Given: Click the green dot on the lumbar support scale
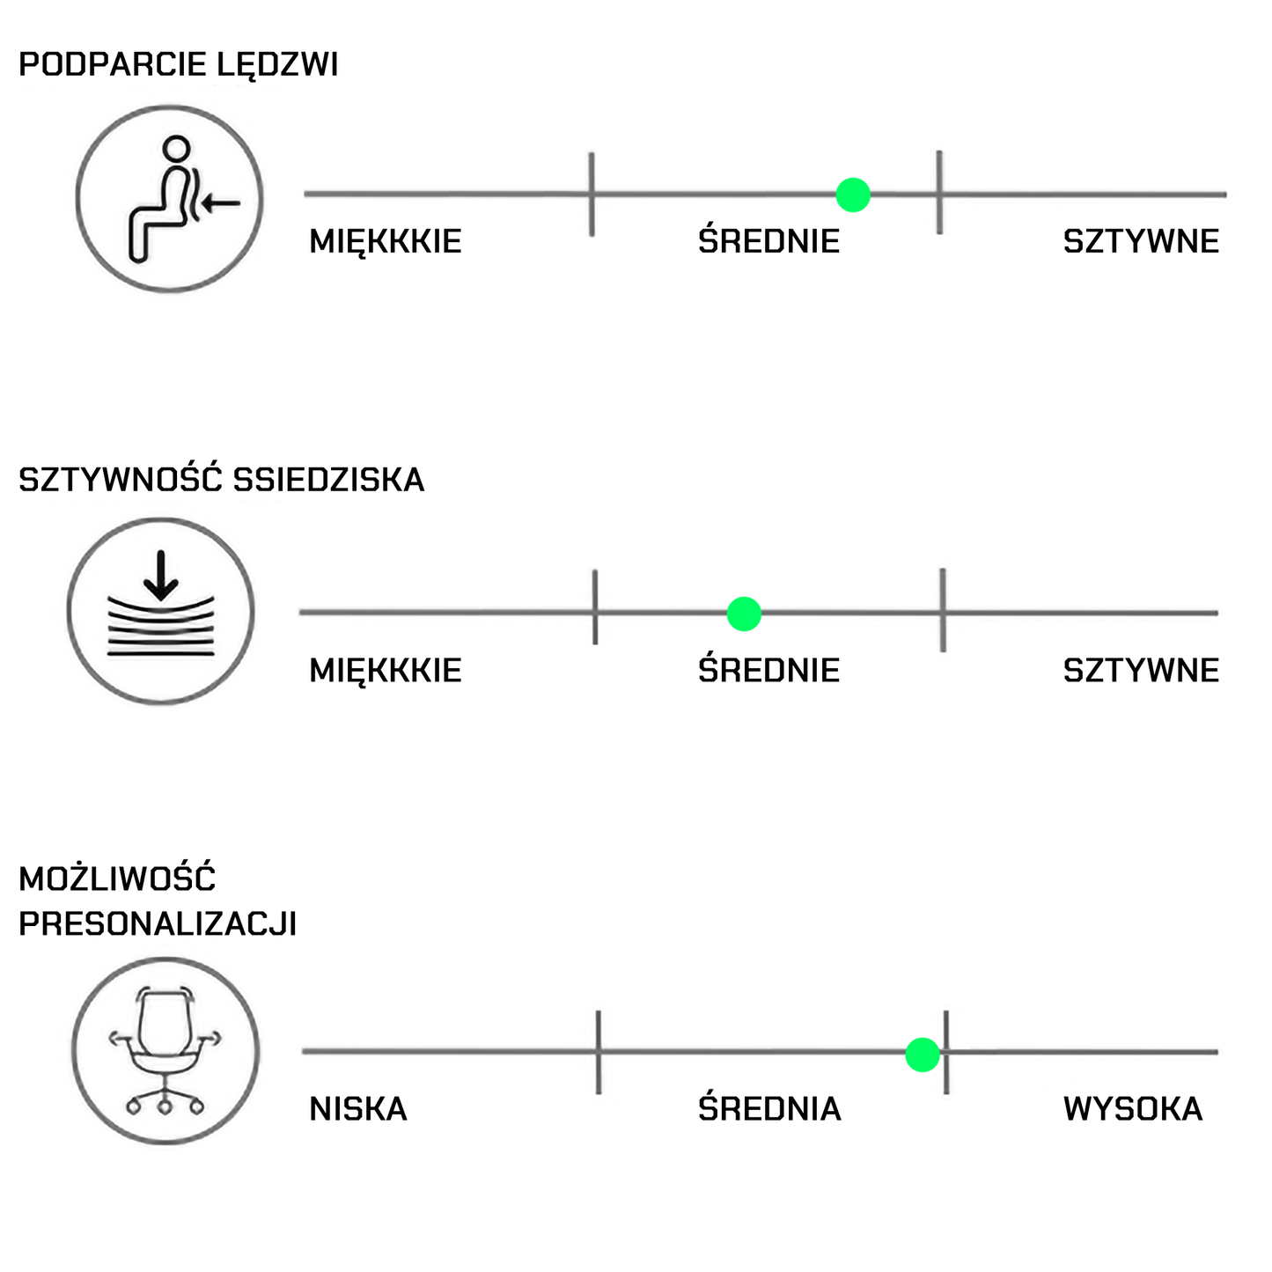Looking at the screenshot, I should pyautogui.click(x=852, y=195).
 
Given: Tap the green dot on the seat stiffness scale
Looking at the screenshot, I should pyautogui.click(x=744, y=614).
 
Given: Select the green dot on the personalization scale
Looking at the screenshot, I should pyautogui.click(x=922, y=1054).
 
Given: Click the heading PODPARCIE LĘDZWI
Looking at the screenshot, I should pyautogui.click(x=178, y=65).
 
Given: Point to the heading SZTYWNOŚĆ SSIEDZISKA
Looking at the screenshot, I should pyautogui.click(x=221, y=480).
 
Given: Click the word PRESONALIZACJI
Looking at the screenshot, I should pyautogui.click(x=158, y=923).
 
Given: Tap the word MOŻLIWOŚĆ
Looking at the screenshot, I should pyautogui.click(x=117, y=879).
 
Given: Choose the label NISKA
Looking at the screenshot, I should pyautogui.click(x=357, y=1109).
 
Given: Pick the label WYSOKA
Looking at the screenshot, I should pyautogui.click(x=1132, y=1109).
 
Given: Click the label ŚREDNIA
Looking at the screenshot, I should pyautogui.click(x=769, y=1109).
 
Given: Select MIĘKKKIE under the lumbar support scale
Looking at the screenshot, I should pyautogui.click(x=385, y=241).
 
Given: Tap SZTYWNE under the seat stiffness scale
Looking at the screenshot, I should pyautogui.click(x=1141, y=671).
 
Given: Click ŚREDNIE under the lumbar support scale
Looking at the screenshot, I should pyautogui.click(x=768, y=241).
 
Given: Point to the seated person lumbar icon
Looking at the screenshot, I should pyautogui.click(x=169, y=199).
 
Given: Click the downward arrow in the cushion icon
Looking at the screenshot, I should pyautogui.click(x=160, y=574).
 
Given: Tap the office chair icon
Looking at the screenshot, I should pyautogui.click(x=165, y=1051).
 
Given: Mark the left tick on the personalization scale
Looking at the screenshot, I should pyautogui.click(x=599, y=1052).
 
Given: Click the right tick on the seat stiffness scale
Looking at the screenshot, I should pyautogui.click(x=943, y=610).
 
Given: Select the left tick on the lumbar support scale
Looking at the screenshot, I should pyautogui.click(x=592, y=194).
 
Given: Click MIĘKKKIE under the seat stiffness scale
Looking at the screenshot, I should pyautogui.click(x=385, y=671).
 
